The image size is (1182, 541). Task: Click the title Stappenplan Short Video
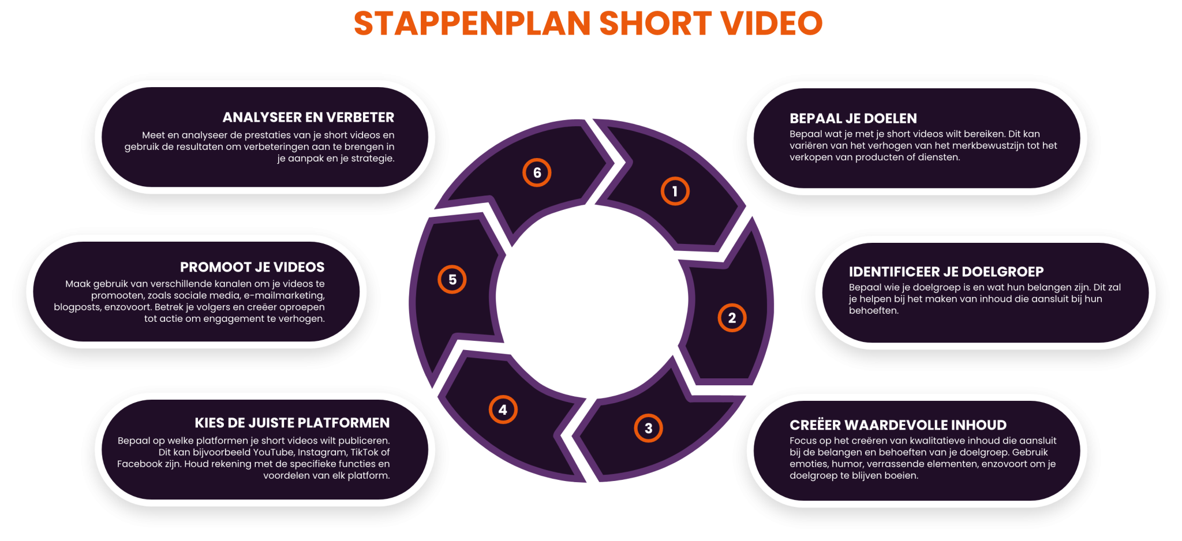click(x=588, y=23)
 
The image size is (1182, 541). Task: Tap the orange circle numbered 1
click(x=675, y=191)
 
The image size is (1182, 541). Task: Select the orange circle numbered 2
click(x=732, y=318)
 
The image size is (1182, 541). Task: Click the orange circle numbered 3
click(x=648, y=428)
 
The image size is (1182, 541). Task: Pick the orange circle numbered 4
click(x=503, y=409)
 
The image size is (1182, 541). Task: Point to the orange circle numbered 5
click(x=452, y=280)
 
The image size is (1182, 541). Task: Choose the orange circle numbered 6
click(x=537, y=172)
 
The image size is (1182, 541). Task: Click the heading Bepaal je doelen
click(x=853, y=118)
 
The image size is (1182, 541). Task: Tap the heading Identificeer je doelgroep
click(x=946, y=272)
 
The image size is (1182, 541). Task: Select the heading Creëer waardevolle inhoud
click(x=898, y=425)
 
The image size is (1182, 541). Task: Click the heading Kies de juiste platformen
click(x=292, y=423)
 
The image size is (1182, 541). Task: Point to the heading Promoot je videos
click(x=252, y=267)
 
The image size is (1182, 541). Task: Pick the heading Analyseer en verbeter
click(x=308, y=117)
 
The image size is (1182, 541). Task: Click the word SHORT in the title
click(x=655, y=23)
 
